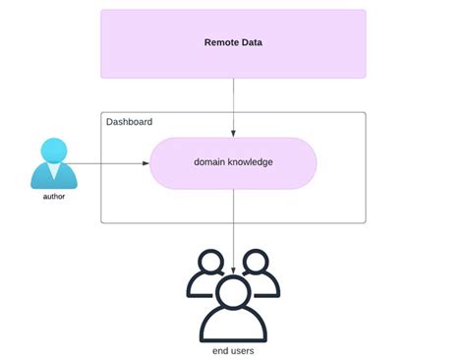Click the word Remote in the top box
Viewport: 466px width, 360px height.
pyautogui.click(x=220, y=42)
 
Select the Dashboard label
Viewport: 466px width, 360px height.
pyautogui.click(x=129, y=122)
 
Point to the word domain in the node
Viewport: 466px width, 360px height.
pyautogui.click(x=211, y=163)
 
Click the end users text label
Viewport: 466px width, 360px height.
pyautogui.click(x=233, y=350)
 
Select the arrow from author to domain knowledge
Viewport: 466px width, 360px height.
pyautogui.click(x=108, y=163)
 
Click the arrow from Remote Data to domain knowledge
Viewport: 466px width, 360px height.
pyautogui.click(x=233, y=103)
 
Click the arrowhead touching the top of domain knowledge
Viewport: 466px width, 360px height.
pyautogui.click(x=233, y=134)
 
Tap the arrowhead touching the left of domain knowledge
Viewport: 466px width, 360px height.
pyautogui.click(x=146, y=163)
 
